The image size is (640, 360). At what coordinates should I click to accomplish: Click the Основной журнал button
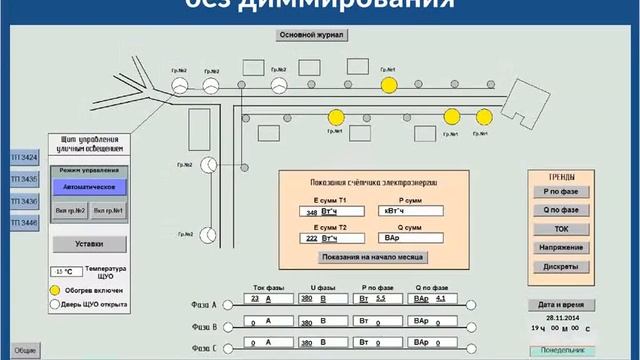311,35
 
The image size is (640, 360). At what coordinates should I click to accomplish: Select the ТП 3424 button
24,158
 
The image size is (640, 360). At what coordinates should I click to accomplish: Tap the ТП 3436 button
24,201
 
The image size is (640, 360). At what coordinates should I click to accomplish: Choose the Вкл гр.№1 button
109,211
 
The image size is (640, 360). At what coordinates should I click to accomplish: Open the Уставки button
88,243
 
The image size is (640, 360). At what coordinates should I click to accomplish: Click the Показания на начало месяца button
372,257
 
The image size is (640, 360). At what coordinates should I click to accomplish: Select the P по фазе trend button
562,190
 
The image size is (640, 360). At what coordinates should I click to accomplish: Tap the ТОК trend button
562,229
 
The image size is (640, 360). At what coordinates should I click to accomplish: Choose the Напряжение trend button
562,248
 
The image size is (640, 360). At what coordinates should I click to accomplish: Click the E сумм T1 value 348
312,212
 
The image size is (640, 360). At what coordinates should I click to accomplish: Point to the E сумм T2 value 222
312,241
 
